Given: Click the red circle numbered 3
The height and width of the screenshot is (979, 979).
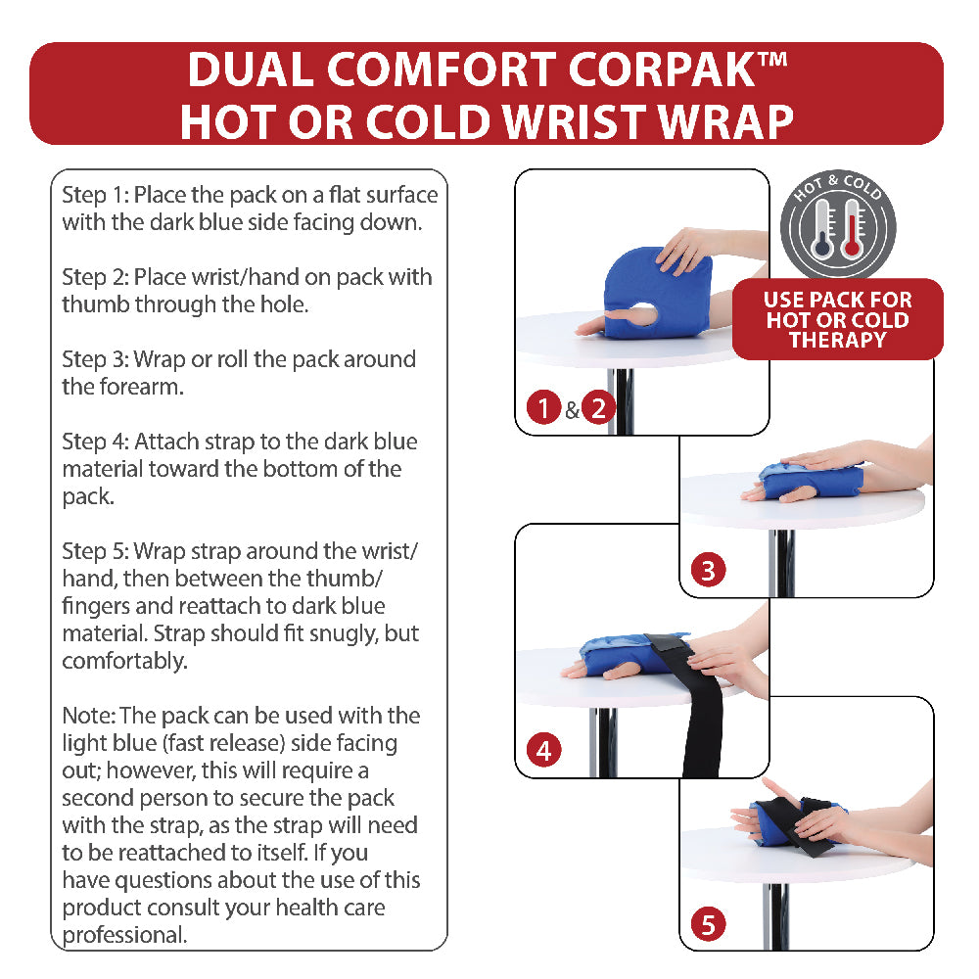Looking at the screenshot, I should [x=708, y=570].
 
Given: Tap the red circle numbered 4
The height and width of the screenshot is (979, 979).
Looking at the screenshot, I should [x=543, y=751].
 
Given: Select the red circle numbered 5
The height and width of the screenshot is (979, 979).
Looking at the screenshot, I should [x=708, y=922].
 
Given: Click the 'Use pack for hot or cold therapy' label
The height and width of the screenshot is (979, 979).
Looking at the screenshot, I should [x=837, y=320].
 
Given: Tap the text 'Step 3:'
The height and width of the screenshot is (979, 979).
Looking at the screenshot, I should [x=95, y=359].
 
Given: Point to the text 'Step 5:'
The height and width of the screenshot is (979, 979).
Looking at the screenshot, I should [x=95, y=551].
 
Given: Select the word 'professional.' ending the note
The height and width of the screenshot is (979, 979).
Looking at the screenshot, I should [x=124, y=935].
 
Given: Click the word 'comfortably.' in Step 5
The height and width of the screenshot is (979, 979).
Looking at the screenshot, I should [x=124, y=661].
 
